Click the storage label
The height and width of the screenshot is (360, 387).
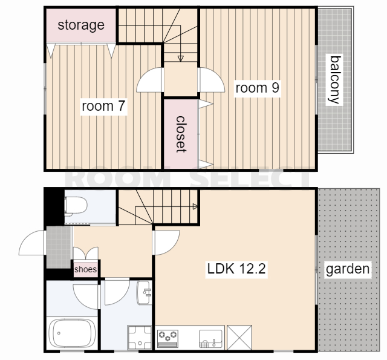tap(81, 25)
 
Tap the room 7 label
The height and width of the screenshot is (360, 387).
tap(103, 106)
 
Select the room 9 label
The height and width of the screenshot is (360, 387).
tap(257, 88)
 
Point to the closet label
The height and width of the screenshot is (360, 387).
tap(181, 134)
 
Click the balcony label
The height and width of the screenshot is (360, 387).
tap(335, 79)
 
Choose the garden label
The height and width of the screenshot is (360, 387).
tap(348, 269)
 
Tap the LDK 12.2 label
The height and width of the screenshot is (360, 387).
tap(236, 269)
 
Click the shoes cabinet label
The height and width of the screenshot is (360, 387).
tap(86, 269)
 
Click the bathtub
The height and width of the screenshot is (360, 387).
tap(72, 333)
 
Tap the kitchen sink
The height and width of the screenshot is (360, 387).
tap(210, 338)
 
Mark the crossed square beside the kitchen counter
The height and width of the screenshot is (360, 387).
tap(239, 338)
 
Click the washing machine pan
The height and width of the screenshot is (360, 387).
tap(140, 338)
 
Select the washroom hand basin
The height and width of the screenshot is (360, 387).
tap(145, 292)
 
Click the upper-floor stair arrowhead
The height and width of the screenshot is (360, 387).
tap(181, 59)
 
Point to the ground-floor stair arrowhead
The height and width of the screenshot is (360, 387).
tap(195, 206)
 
